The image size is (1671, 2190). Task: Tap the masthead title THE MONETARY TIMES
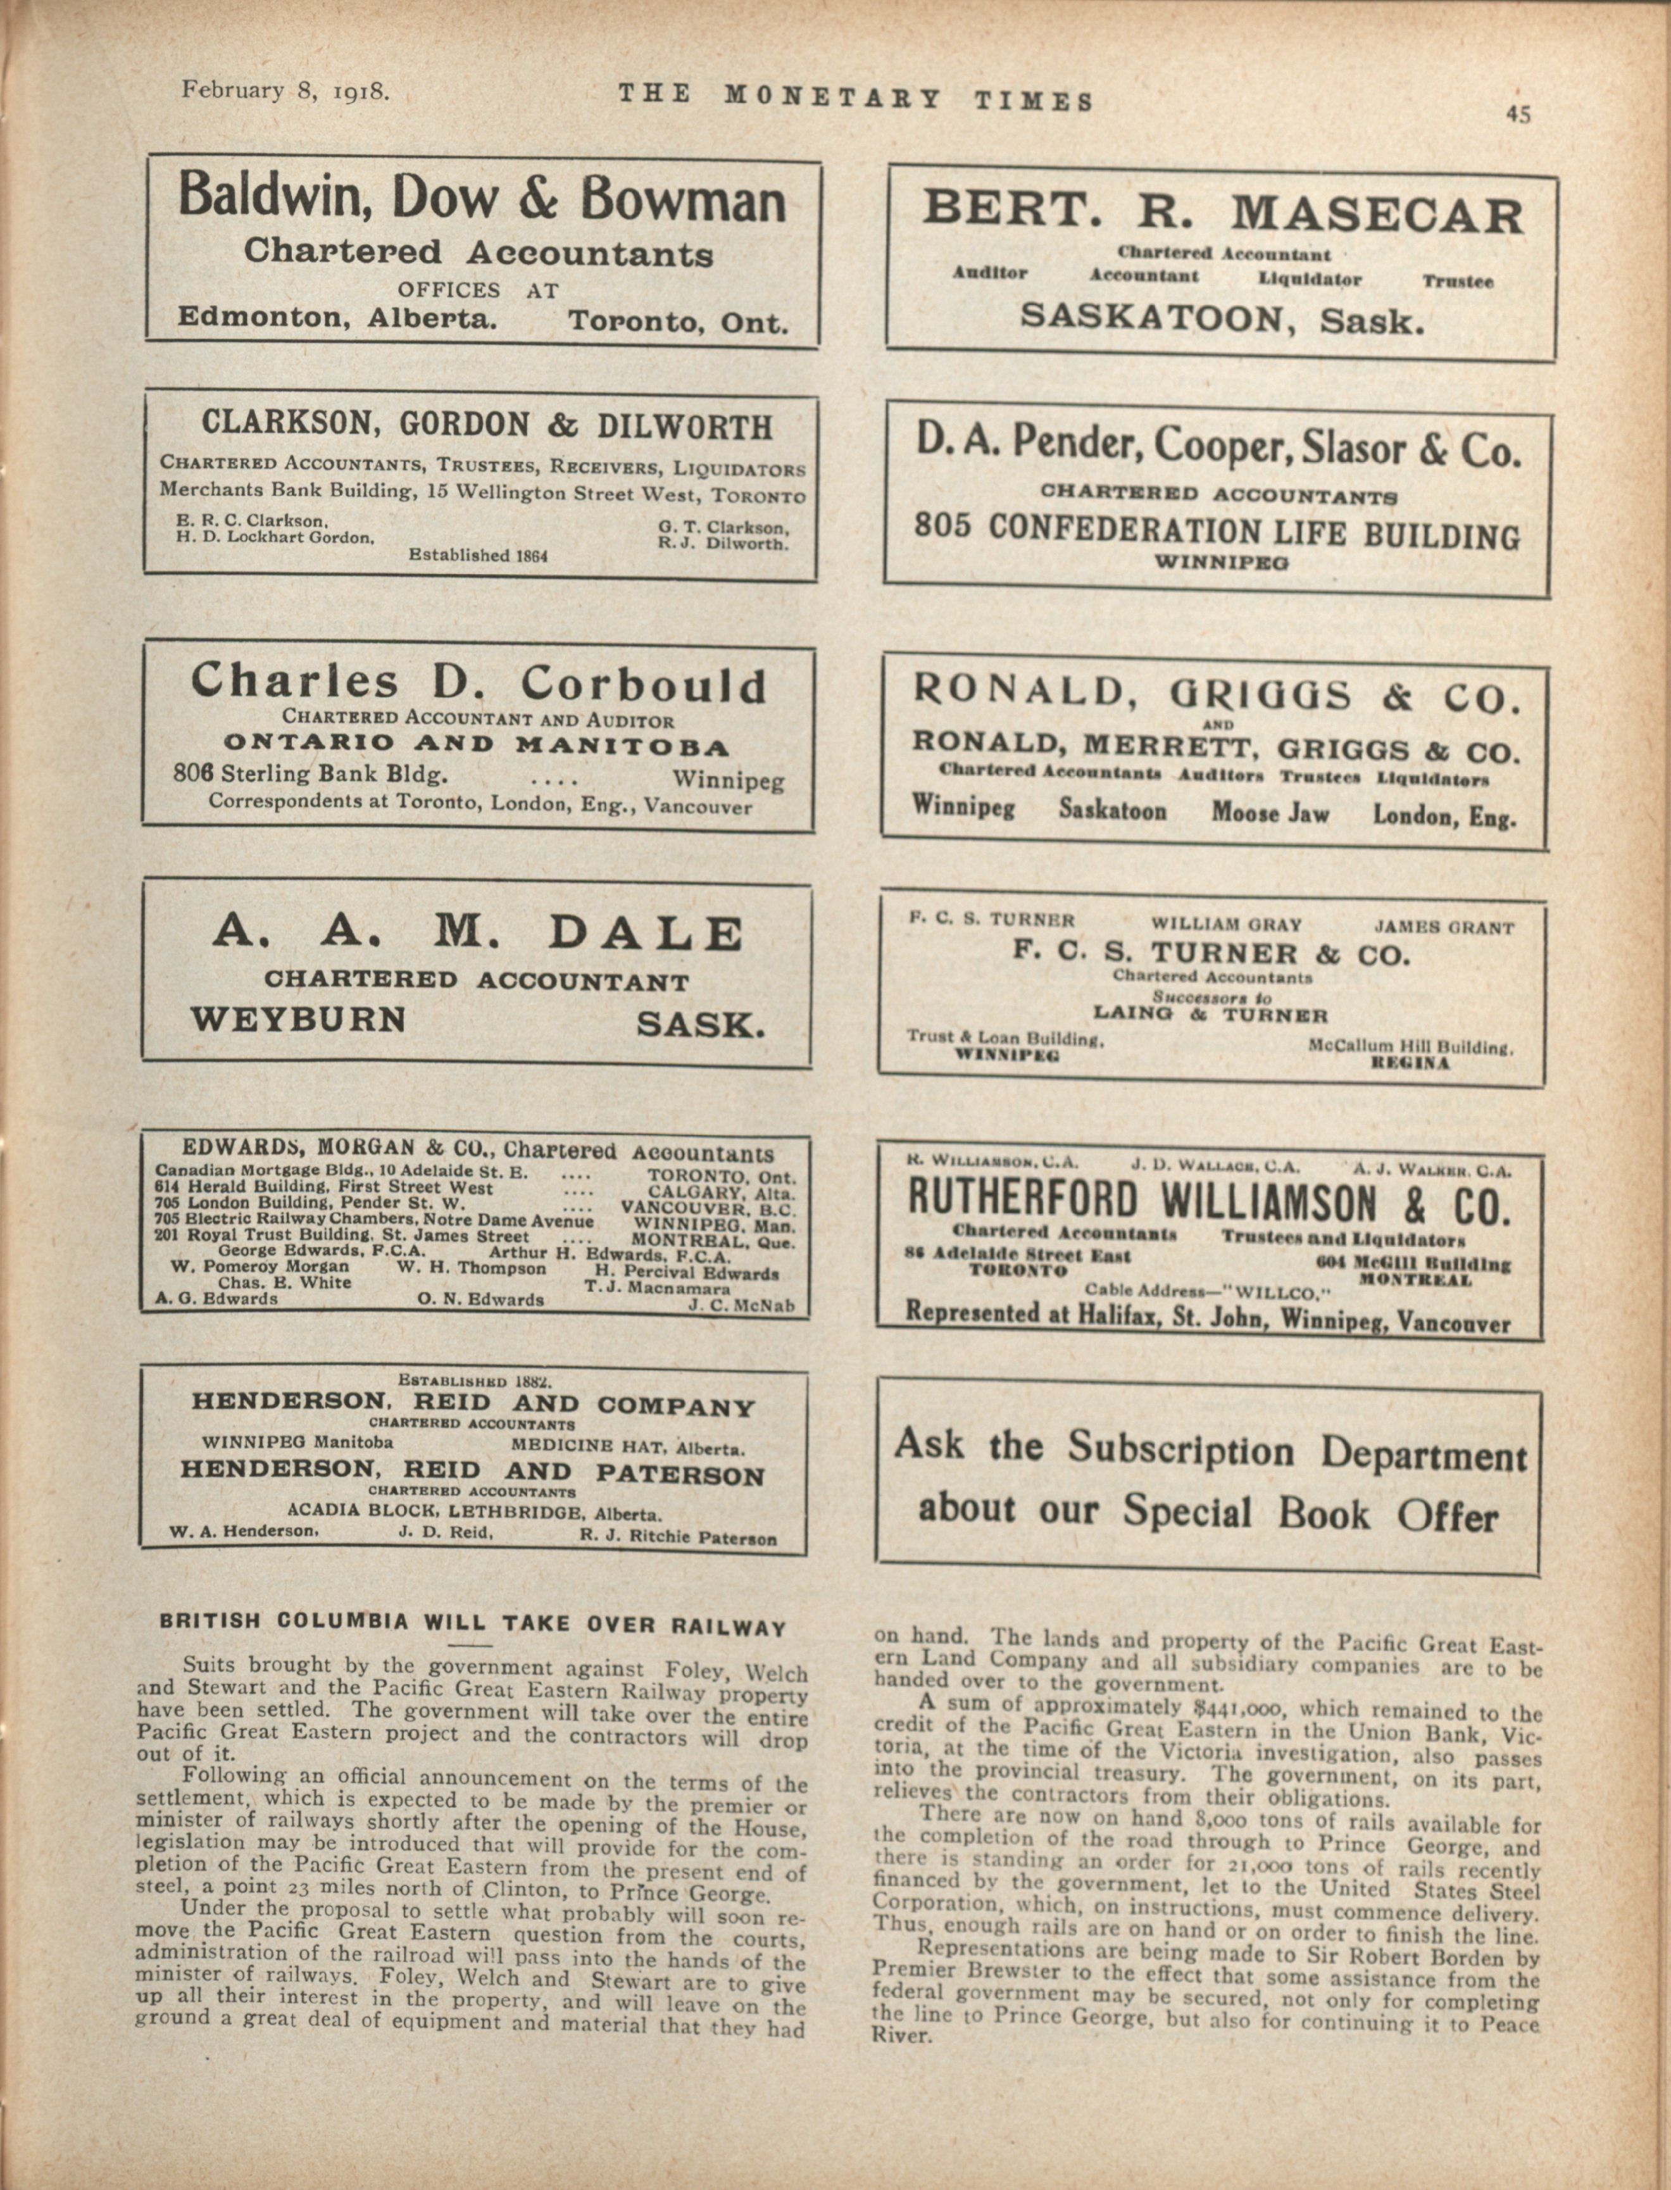coord(855,97)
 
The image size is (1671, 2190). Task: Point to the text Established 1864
coord(479,555)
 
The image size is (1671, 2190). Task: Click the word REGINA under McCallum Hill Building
coord(1410,1063)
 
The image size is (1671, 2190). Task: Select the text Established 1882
coord(475,1382)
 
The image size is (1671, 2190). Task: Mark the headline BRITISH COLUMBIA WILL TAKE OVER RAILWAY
coord(473,1622)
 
